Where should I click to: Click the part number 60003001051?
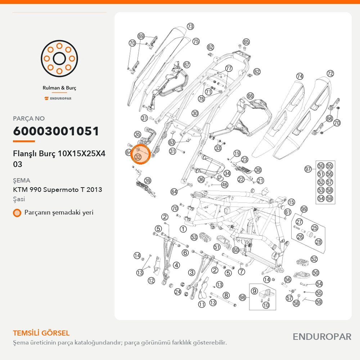[x=56, y=131]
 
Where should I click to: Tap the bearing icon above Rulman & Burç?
[x=59, y=59]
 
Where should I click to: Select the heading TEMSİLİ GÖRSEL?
[x=41, y=333]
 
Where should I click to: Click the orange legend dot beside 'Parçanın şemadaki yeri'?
[x=17, y=213]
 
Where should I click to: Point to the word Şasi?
[x=19, y=199]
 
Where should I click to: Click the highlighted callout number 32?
[x=138, y=157]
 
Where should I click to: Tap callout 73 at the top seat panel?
[x=190, y=26]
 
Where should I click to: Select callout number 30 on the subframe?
[x=195, y=113]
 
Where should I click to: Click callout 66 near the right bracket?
[x=250, y=96]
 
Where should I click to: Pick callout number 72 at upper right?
[x=330, y=73]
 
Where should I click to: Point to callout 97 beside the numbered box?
[x=308, y=169]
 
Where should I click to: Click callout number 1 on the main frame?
[x=183, y=229]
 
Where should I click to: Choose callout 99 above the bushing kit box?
[x=304, y=209]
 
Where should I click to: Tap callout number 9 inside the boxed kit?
[x=254, y=291]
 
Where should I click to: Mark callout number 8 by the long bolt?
[x=226, y=295]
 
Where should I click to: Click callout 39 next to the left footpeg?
[x=147, y=181]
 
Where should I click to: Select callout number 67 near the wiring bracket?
[x=186, y=65]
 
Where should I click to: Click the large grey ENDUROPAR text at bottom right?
[x=322, y=337]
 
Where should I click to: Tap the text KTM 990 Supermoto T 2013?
[x=58, y=190]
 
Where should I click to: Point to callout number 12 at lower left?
[x=151, y=280]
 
